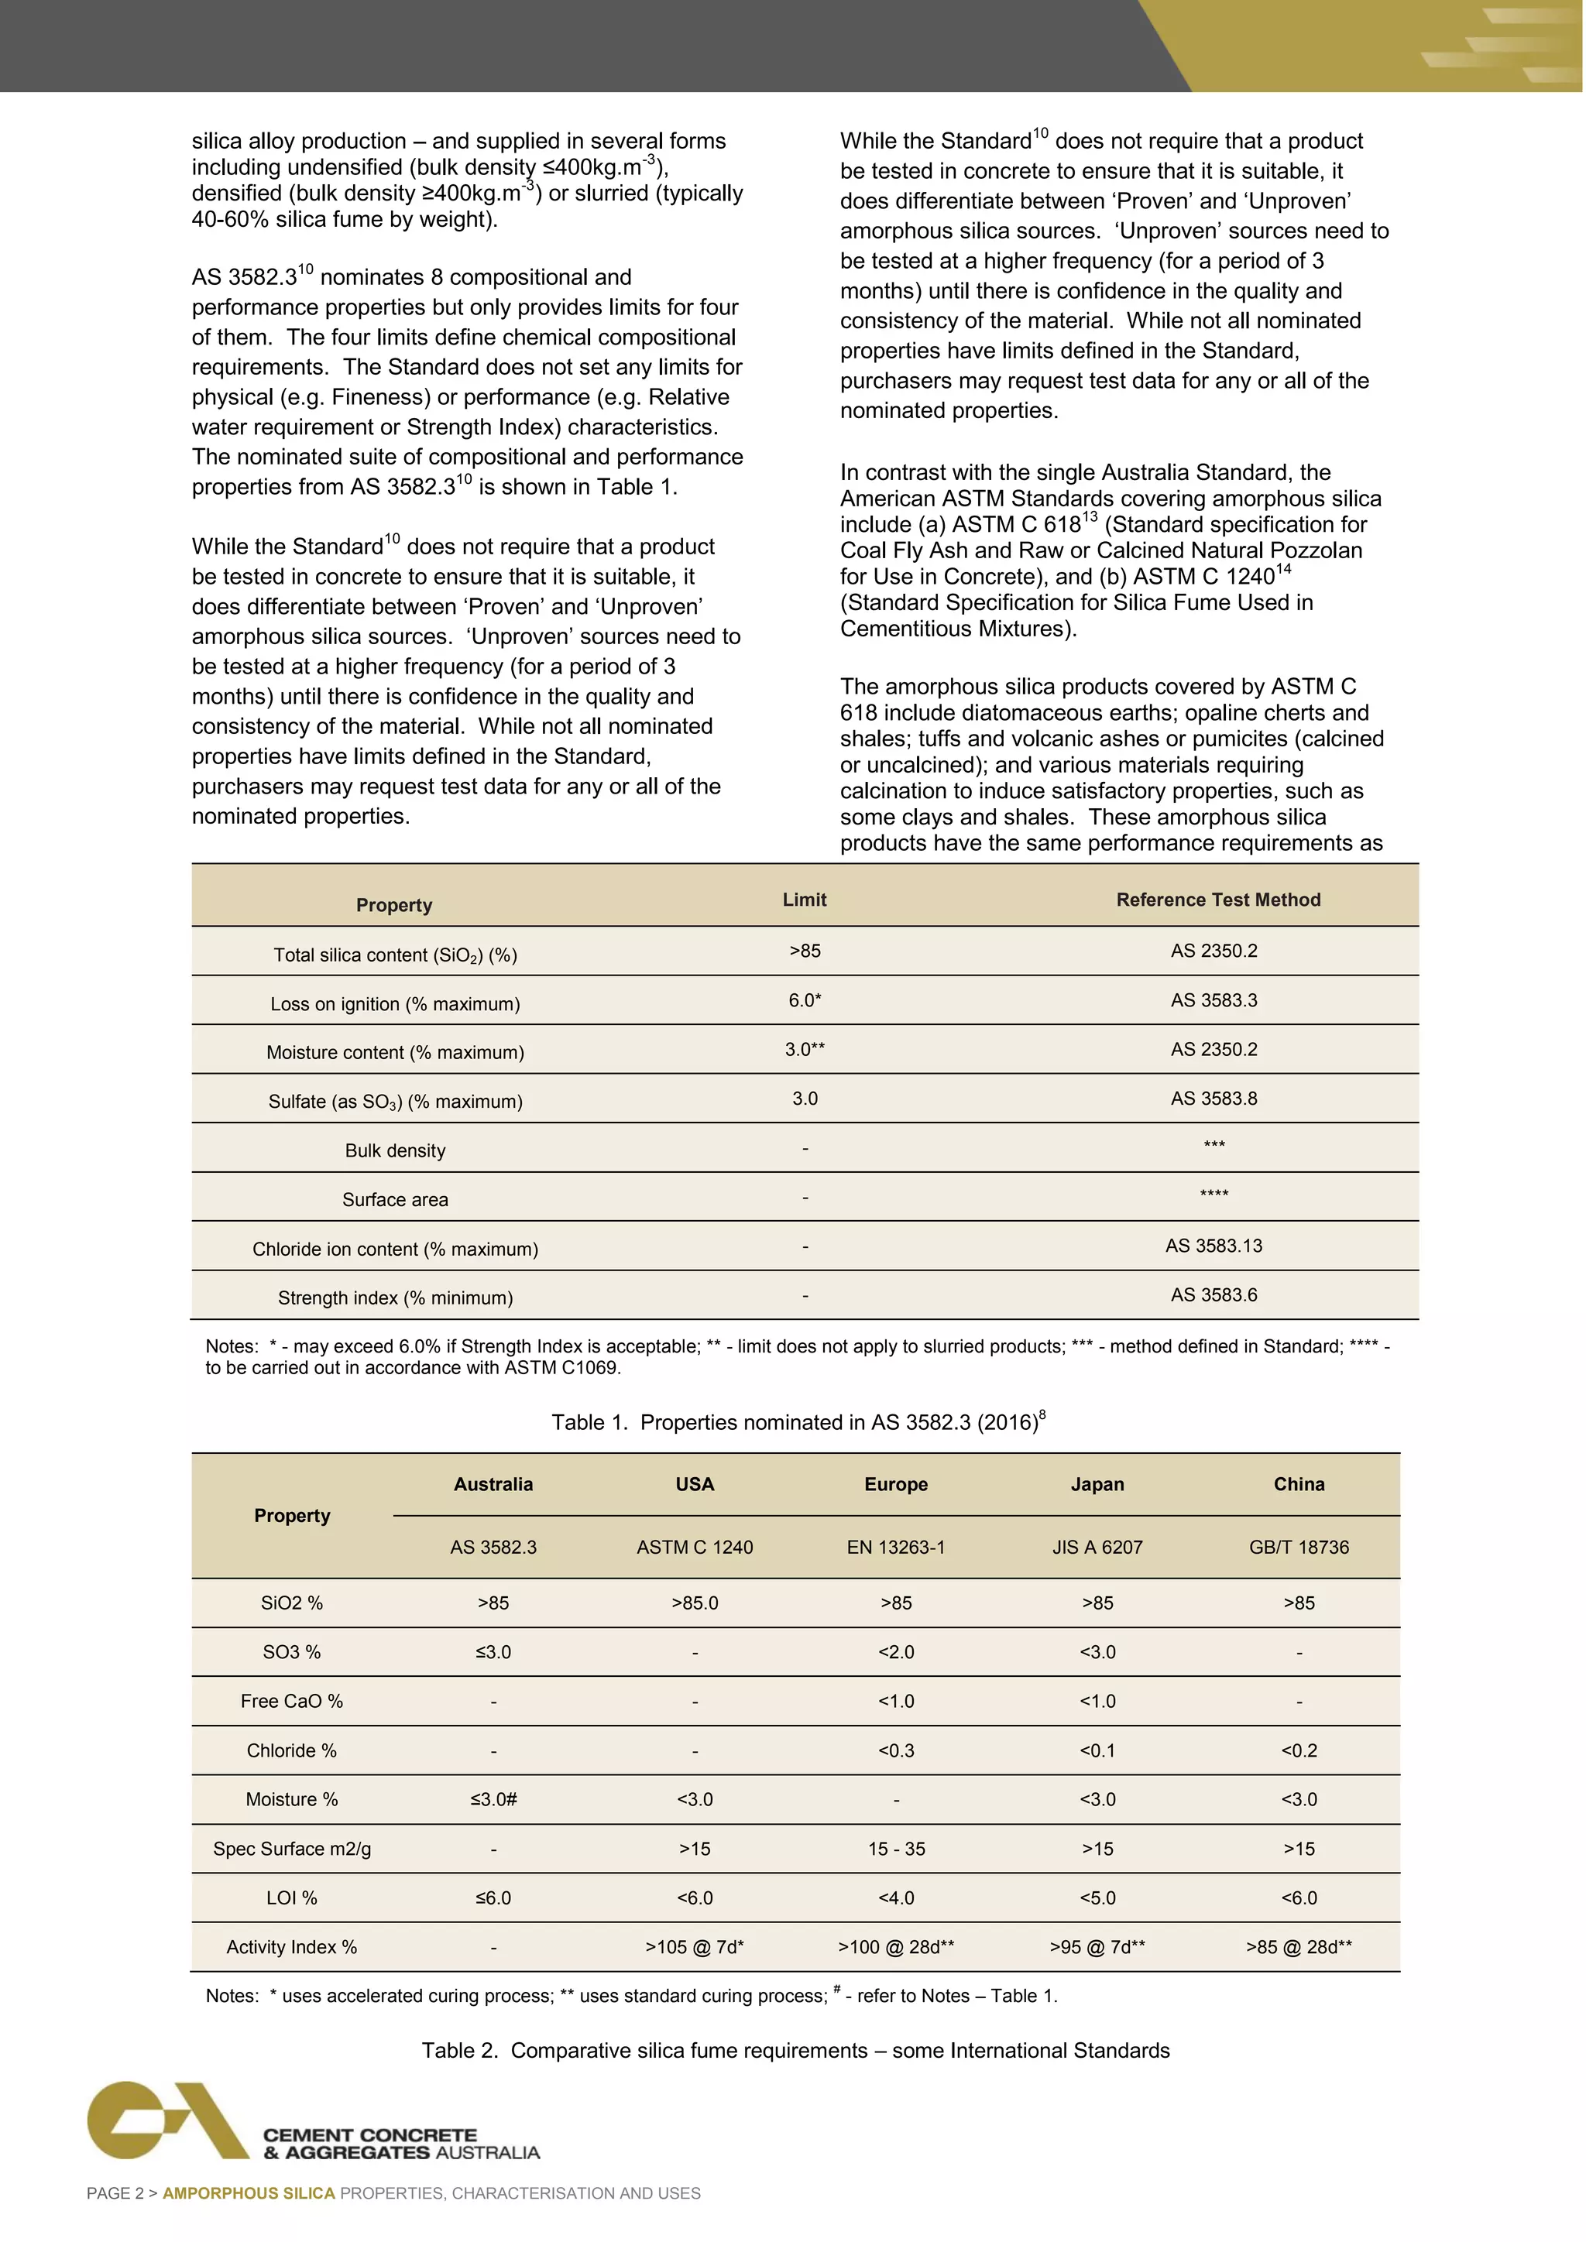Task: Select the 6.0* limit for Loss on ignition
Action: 805,1000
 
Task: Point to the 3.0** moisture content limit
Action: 805,1049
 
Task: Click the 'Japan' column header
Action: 1097,1484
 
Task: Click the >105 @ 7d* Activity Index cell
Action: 695,1947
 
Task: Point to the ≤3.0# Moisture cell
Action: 493,1800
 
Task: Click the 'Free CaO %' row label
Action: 292,1701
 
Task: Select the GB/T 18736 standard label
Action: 1298,1547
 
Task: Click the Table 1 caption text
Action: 798,1421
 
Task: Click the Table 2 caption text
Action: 795,2051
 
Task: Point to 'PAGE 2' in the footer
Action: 115,2193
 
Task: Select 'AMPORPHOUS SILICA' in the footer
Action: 248,2193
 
